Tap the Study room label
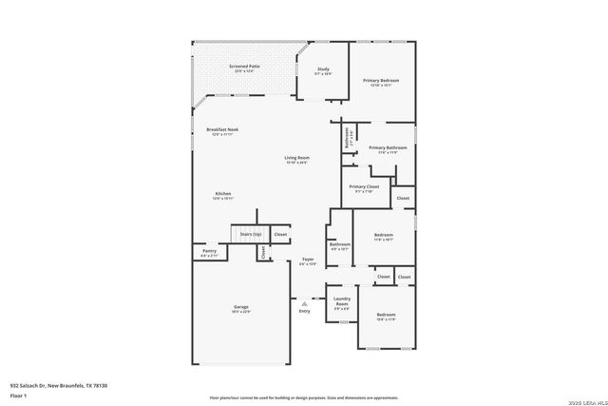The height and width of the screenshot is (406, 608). click(323, 69)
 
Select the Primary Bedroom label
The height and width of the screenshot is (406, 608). click(381, 81)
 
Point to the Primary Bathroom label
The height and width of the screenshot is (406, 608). click(388, 148)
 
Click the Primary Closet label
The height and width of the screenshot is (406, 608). click(364, 187)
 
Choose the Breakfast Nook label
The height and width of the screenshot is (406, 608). click(222, 129)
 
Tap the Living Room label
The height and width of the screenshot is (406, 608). click(297, 158)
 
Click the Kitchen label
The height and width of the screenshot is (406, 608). click(222, 194)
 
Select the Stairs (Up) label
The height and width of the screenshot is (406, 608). click(251, 233)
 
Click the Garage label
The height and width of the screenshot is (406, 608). click(241, 307)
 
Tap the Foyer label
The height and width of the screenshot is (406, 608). click(308, 260)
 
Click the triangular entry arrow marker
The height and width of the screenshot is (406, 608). click(304, 303)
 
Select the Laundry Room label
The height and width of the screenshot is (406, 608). click(342, 303)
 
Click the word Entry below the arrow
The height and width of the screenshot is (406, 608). click(304, 312)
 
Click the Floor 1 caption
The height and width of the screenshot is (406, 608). click(18, 395)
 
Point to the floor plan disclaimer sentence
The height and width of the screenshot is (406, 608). click(304, 397)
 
